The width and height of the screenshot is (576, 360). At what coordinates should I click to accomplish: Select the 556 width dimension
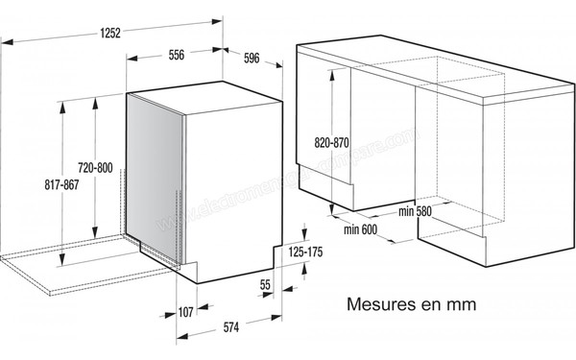tap(176, 55)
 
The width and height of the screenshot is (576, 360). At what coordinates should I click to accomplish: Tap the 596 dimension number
tap(252, 59)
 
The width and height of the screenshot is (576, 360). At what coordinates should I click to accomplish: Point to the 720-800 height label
tap(95, 168)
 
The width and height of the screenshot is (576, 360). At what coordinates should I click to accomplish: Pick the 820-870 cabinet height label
tap(331, 142)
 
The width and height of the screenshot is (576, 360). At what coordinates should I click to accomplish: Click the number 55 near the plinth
tap(266, 284)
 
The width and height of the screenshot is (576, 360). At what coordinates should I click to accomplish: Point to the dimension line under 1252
tap(110, 43)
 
